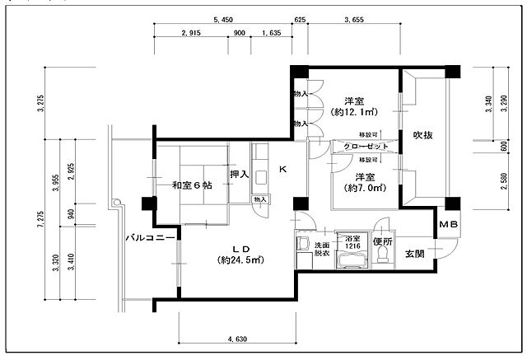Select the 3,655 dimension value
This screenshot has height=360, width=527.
click(x=355, y=18)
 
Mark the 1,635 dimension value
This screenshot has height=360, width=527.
click(x=271, y=34)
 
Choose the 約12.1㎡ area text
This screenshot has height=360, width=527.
click(x=353, y=111)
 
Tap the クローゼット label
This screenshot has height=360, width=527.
click(x=365, y=146)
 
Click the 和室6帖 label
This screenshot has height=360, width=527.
click(x=191, y=185)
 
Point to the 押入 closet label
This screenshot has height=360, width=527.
click(x=239, y=175)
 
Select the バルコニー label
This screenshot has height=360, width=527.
click(x=149, y=237)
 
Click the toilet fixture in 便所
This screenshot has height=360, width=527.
click(x=381, y=256)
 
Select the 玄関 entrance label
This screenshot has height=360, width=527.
click(x=414, y=254)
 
